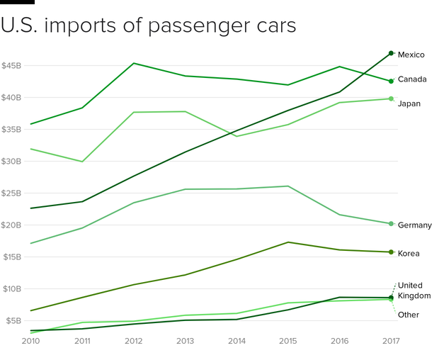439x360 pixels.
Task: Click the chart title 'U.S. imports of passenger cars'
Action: [x=148, y=26]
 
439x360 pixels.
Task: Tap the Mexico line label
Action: [x=411, y=55]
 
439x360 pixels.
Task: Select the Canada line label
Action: [x=411, y=79]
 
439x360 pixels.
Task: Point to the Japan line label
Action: [x=409, y=103]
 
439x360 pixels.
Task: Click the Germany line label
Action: [x=414, y=225]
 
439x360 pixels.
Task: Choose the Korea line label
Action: [x=409, y=254]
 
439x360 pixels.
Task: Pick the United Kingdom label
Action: [x=414, y=291]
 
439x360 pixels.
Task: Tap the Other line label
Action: [x=408, y=315]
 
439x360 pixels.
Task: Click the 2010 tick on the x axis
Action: [x=30, y=341]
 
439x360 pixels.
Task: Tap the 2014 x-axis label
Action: [x=236, y=341]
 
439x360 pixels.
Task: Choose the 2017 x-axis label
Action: [x=390, y=341]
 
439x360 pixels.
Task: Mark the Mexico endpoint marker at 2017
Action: [x=391, y=53]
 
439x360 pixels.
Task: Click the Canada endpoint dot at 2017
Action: [x=391, y=81]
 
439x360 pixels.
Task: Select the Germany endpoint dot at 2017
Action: [x=391, y=224]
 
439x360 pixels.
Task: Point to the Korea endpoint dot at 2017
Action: [x=391, y=252]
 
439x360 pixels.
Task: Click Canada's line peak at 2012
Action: [x=133, y=63]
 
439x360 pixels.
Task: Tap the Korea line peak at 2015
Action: [x=287, y=242]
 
